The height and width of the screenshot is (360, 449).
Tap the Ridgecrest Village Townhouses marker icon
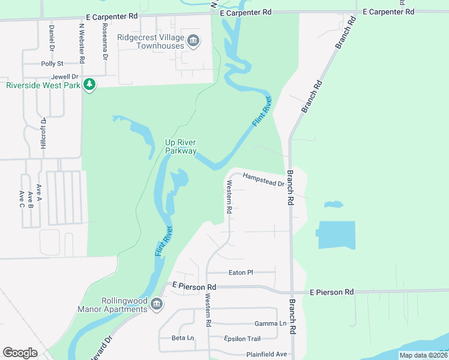coord(193,41)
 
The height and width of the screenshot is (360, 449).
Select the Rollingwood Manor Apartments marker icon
coord(156,304)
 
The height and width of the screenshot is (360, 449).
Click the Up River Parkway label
coord(181,147)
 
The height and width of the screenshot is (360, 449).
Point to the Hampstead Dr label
coord(263,179)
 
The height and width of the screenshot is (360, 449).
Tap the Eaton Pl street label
coord(241,272)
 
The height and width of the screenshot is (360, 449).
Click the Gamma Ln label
coord(270,323)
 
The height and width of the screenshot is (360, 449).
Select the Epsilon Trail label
coord(243,338)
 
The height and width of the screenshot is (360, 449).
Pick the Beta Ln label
coord(183,338)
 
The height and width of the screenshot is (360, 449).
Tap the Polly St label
coord(52,64)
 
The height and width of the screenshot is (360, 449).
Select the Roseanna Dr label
coord(104,42)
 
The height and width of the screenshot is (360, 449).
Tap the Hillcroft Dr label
coord(43,133)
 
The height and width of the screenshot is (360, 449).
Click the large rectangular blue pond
coord(336,235)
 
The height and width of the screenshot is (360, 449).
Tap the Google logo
coord(20,353)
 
